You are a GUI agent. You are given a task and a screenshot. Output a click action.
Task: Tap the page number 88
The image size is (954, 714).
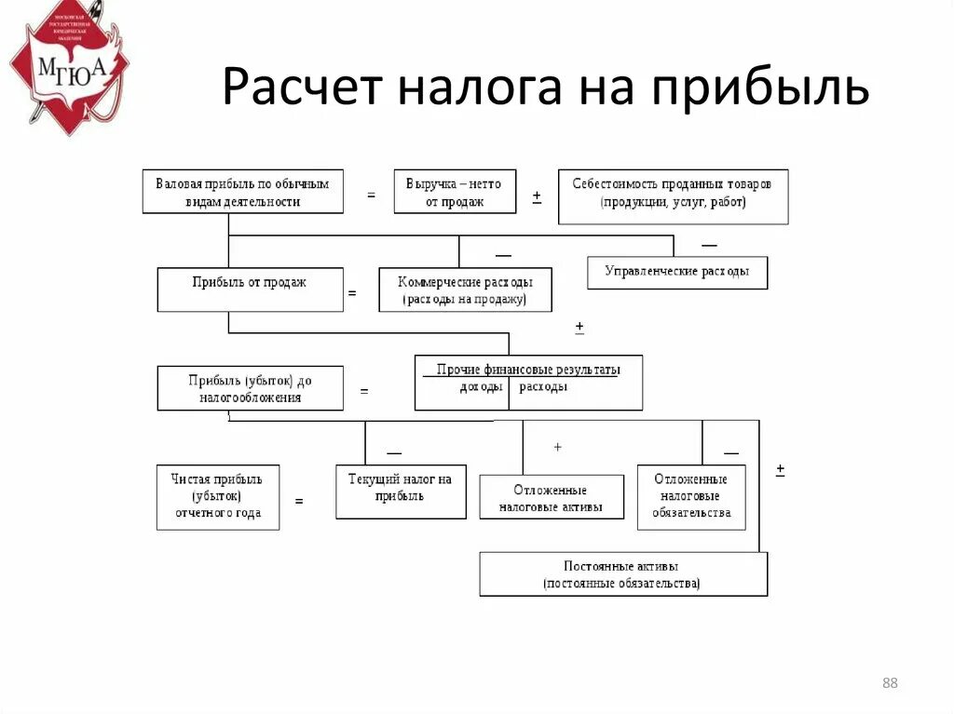[889, 684]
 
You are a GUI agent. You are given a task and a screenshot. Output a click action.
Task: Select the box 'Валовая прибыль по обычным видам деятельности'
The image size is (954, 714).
[242, 193]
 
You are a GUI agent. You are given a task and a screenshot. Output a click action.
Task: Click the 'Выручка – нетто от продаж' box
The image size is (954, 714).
[455, 193]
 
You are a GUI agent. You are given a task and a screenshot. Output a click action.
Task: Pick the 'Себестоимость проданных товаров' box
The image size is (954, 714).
[673, 196]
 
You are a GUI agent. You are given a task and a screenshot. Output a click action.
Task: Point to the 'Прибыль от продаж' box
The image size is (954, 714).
[250, 290]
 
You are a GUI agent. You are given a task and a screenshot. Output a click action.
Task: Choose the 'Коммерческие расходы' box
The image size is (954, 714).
[465, 290]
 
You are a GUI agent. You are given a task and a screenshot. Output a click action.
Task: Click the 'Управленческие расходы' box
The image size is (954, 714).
[677, 272]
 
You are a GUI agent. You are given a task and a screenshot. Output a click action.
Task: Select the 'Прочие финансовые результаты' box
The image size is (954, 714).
[528, 382]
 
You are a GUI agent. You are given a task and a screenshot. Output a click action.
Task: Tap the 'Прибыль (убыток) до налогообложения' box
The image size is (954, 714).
[250, 388]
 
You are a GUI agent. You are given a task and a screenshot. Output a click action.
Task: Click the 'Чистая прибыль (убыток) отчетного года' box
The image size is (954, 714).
[217, 496]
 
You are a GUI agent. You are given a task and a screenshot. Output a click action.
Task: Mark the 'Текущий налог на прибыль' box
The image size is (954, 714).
[401, 492]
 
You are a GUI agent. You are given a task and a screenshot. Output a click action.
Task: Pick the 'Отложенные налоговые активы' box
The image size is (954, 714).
[551, 497]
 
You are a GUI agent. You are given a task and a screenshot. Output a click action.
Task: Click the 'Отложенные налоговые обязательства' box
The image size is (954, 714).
[691, 496]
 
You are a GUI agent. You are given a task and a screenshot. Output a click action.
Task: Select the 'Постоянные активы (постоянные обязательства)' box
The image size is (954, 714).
[623, 574]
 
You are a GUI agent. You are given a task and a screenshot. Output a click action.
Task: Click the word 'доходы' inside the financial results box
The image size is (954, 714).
[482, 387]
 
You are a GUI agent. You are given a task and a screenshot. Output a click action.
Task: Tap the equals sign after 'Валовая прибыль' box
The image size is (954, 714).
[371, 195]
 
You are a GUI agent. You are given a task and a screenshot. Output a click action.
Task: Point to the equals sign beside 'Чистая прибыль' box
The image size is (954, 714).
[299, 501]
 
